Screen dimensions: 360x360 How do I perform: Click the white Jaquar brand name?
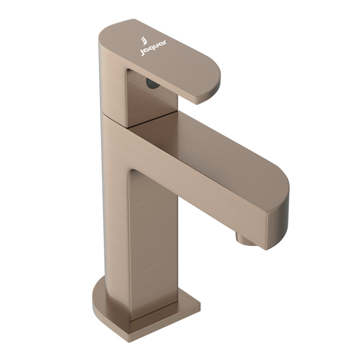pyautogui.click(x=153, y=48)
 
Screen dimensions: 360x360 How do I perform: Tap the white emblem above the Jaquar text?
pyautogui.click(x=144, y=41)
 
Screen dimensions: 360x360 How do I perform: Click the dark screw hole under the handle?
pyautogui.click(x=153, y=83)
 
